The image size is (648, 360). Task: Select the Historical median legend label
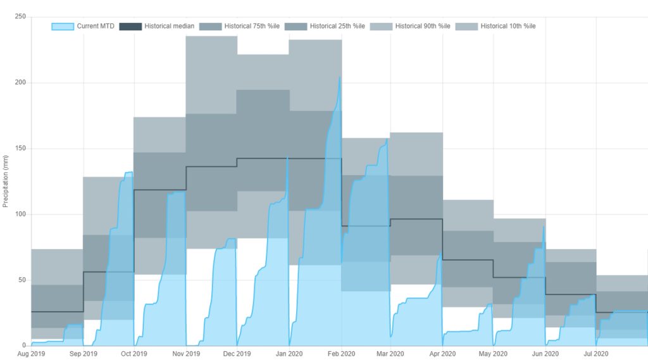point(169,26)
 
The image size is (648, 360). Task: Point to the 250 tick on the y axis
point(20,17)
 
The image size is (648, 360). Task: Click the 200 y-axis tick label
point(20,83)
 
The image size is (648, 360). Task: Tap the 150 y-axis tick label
point(20,149)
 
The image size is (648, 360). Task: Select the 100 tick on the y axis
point(20,214)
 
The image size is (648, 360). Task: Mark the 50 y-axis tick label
point(22,280)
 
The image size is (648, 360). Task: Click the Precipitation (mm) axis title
point(6,182)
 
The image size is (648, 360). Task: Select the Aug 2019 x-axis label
point(31,354)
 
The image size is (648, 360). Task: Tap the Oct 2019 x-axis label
point(134,354)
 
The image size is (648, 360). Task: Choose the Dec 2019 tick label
point(237,354)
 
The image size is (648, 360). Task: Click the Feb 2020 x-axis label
point(341,354)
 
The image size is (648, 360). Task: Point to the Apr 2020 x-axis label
point(442,354)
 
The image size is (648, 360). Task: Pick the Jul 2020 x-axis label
point(595,354)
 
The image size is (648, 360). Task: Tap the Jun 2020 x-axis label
point(545,354)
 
